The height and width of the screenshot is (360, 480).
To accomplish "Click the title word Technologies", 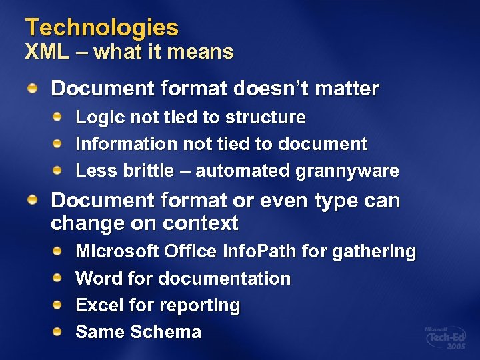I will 102,28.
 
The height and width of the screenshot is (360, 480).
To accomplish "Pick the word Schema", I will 169,332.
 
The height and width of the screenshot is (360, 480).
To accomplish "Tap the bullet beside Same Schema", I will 59,331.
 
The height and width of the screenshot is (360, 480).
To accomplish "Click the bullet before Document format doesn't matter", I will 33,87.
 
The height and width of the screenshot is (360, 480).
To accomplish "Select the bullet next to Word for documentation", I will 59,277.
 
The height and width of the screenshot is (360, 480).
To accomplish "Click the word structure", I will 265,118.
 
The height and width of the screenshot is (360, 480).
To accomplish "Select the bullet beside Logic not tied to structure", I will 59,117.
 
